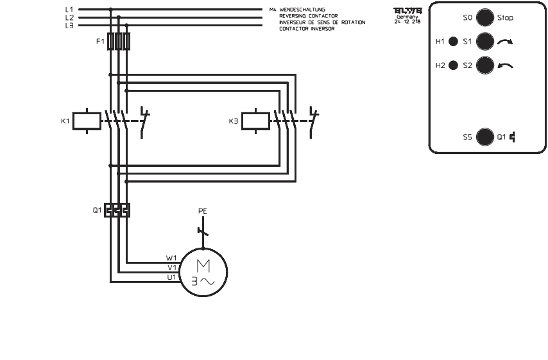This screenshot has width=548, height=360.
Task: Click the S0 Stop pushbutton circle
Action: (486, 18)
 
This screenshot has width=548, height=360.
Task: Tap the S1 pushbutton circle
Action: (486, 42)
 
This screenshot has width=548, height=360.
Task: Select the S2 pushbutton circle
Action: (486, 65)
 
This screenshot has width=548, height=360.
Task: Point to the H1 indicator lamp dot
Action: (453, 42)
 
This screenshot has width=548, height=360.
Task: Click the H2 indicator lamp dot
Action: (453, 65)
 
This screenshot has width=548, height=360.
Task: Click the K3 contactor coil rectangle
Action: (255, 121)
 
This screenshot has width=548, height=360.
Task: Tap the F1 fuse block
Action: (119, 42)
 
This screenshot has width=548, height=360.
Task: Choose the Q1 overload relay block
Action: (117, 210)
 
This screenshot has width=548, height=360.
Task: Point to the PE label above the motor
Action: (203, 210)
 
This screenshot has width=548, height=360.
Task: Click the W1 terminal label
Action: (171, 258)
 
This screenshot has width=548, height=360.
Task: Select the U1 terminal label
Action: (171, 277)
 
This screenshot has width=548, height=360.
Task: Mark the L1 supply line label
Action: (69, 10)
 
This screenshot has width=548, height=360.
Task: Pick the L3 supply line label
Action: (69, 26)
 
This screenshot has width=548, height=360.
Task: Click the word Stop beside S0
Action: (505, 18)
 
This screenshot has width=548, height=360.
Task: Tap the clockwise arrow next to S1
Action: (506, 42)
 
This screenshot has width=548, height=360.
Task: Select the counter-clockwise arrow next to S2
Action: (506, 65)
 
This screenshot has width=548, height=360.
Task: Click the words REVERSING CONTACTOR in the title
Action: (313, 15)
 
